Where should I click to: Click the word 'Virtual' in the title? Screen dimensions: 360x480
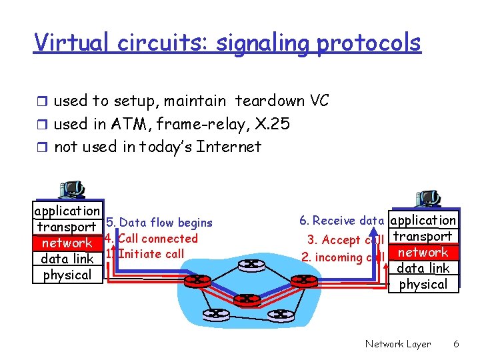click(x=65, y=42)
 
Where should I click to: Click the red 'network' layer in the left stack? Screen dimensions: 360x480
click(x=67, y=243)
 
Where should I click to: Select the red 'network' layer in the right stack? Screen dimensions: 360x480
click(x=423, y=253)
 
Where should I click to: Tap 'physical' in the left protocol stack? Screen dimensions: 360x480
click(x=67, y=275)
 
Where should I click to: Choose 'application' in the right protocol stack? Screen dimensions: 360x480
click(x=423, y=220)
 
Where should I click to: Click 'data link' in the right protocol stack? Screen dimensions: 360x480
click(x=423, y=269)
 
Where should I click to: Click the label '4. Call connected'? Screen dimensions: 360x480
click(x=151, y=238)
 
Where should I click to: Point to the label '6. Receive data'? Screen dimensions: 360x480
click(x=341, y=221)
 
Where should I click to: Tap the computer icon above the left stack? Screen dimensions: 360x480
click(x=71, y=189)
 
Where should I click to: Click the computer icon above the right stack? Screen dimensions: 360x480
click(x=427, y=198)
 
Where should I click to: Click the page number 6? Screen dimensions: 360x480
click(x=456, y=344)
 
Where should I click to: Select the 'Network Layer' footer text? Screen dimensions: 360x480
click(x=398, y=344)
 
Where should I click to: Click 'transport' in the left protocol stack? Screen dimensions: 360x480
click(x=67, y=227)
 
